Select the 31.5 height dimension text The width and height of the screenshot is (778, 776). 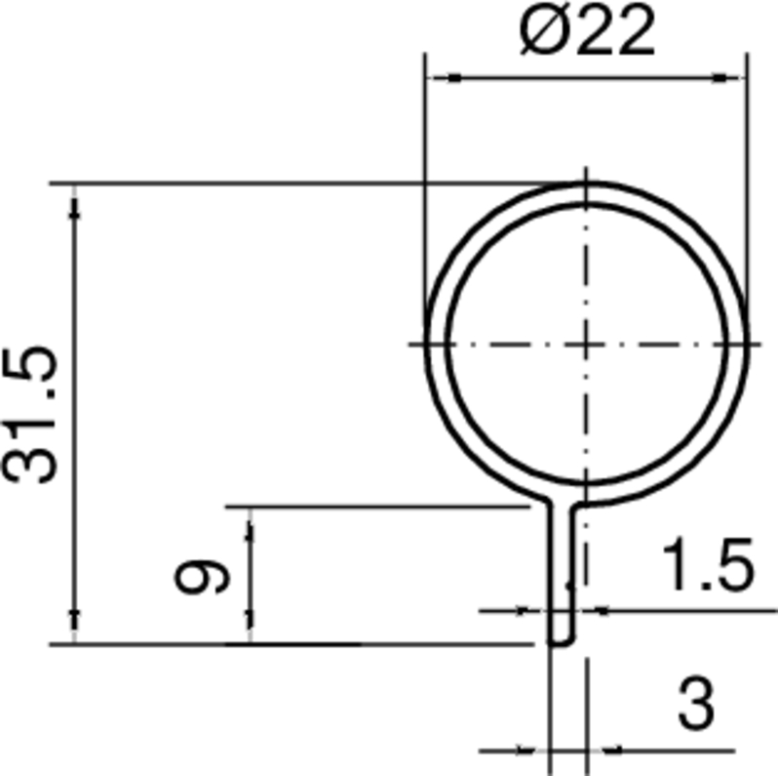(31, 414)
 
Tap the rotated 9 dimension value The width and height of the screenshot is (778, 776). (202, 578)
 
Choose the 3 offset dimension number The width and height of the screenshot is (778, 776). (695, 706)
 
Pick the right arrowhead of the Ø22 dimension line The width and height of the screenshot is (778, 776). (736, 77)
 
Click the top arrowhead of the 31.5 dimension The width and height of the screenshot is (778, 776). (75, 194)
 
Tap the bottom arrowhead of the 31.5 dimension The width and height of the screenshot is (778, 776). (75, 633)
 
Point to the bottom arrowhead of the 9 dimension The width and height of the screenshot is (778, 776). (251, 633)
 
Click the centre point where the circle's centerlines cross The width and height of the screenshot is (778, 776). (585, 344)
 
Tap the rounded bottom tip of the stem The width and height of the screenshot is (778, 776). (562, 642)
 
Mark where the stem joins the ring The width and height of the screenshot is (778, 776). (562, 504)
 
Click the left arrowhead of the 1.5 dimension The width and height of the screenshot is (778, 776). (539, 611)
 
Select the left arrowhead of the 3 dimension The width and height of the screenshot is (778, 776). (539, 751)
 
